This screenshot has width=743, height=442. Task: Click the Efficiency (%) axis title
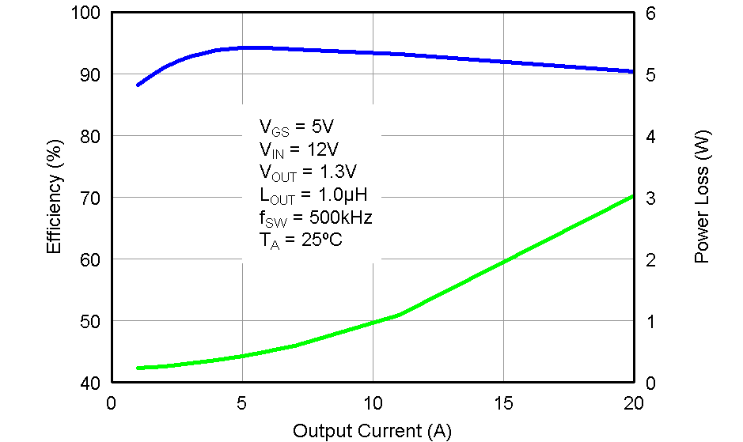[x=54, y=198]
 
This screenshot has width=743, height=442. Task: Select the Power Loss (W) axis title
[x=702, y=198]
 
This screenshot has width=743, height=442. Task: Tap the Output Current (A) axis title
[x=372, y=431]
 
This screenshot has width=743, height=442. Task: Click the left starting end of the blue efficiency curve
[x=138, y=85]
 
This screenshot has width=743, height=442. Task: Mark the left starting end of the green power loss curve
[x=138, y=368]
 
